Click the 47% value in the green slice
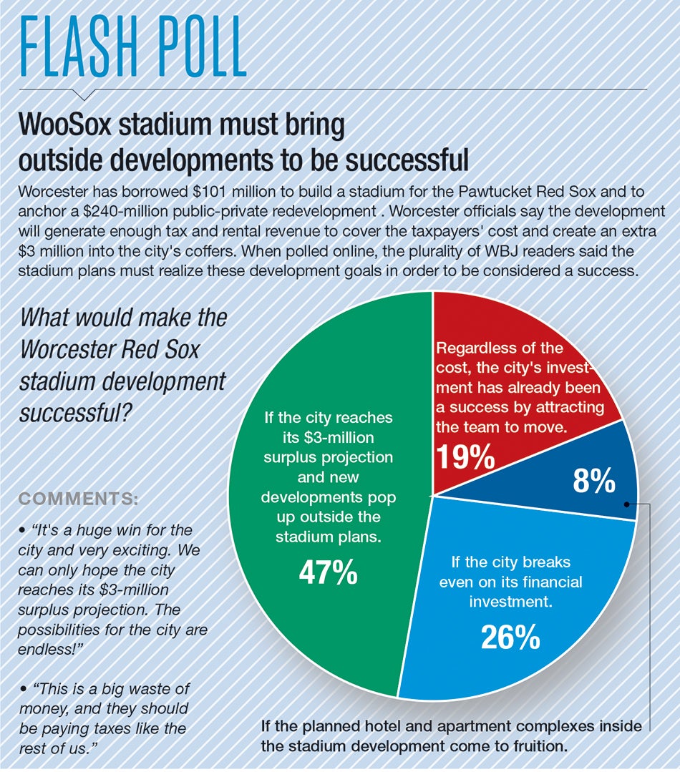pyautogui.click(x=329, y=572)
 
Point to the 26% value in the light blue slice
pyautogui.click(x=510, y=637)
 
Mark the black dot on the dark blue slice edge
pyautogui.click(x=626, y=503)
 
